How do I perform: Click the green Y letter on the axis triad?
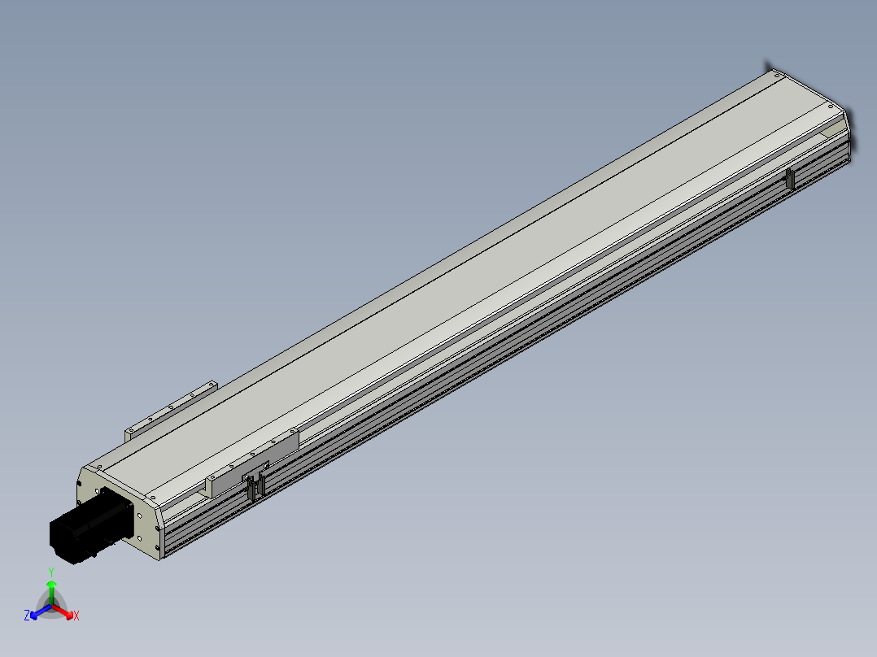point(51,572)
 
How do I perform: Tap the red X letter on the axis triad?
point(76,616)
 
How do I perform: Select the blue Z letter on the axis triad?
point(27,615)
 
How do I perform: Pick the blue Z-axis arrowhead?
point(34,615)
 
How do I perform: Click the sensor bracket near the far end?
point(790,179)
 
